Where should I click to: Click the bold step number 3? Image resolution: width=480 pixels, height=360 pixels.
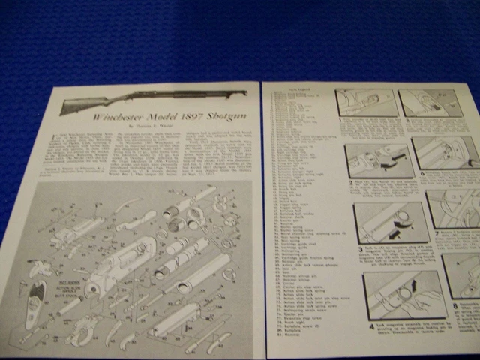pos(359,247)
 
